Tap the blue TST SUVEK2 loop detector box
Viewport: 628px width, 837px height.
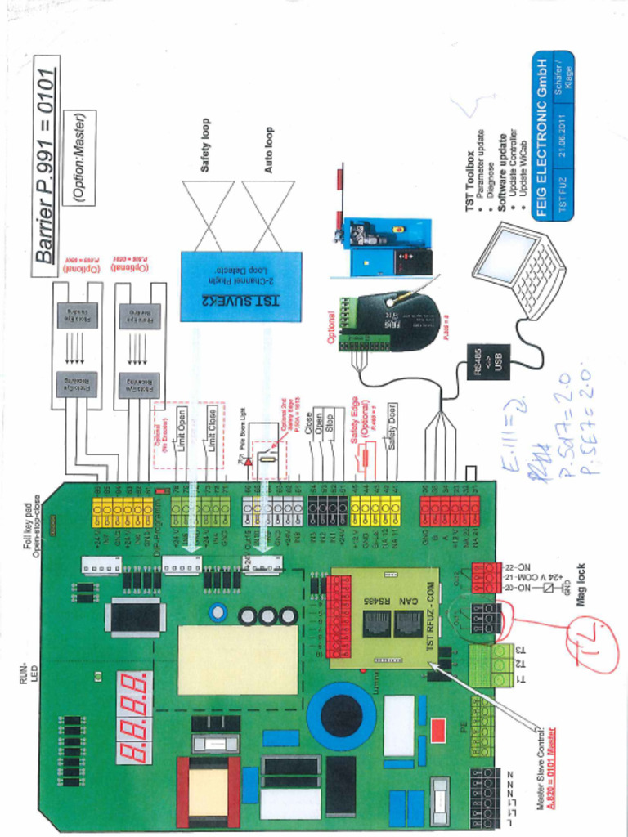click(240, 286)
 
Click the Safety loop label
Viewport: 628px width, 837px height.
click(205, 145)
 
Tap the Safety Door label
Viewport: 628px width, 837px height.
click(392, 427)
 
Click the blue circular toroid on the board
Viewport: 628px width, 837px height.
click(340, 716)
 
